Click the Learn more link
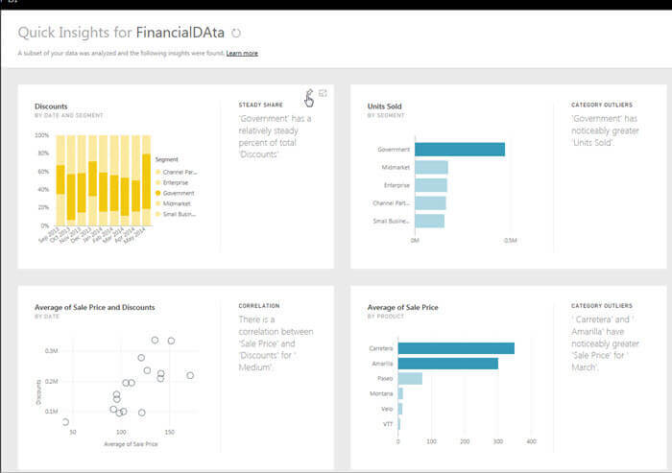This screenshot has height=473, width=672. (242, 53)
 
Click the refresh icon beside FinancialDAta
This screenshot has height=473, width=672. (236, 33)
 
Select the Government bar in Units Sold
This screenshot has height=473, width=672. (460, 149)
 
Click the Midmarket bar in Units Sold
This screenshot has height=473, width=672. (431, 167)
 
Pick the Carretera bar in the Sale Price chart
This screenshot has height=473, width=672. (456, 347)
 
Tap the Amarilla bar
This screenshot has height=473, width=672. (447, 363)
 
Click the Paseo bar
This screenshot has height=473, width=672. (410, 378)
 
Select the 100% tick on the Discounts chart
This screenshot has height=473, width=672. (41, 135)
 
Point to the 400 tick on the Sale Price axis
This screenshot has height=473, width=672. (531, 441)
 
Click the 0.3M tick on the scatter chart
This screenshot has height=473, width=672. (52, 351)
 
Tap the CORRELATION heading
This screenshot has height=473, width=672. (259, 306)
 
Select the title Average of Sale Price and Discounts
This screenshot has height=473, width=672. (94, 307)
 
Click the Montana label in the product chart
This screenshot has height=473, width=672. (381, 393)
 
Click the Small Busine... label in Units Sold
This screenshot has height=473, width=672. (391, 221)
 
